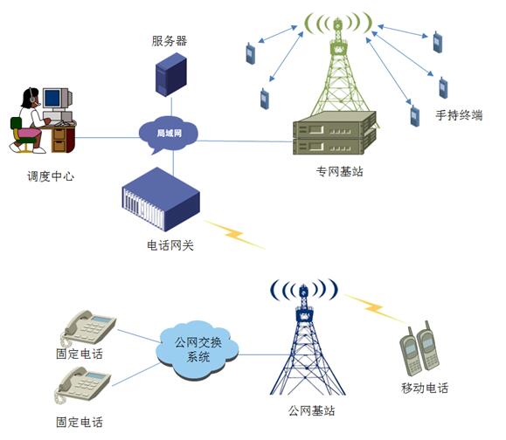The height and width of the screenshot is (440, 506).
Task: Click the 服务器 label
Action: point(170,41)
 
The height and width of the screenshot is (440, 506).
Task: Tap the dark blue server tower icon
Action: point(171,75)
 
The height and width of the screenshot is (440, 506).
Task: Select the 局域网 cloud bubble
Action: point(169,134)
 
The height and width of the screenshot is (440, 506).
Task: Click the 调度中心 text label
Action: point(51,176)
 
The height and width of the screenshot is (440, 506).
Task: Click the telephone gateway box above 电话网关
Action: point(161,199)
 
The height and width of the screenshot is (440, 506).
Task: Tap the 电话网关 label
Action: point(170,245)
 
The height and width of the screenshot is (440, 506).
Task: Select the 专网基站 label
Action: point(339,171)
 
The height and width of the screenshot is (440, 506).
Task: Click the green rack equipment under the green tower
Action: point(335,133)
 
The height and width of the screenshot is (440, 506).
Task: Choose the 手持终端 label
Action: point(459,115)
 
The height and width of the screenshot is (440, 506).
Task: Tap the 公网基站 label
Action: point(312,410)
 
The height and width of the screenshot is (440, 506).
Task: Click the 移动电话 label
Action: point(425,388)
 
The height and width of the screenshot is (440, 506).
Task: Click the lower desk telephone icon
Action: point(82,386)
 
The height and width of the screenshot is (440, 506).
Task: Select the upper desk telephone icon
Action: point(88,328)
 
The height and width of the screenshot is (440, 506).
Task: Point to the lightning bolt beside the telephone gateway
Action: point(235,235)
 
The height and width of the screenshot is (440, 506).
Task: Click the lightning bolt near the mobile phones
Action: point(374,308)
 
